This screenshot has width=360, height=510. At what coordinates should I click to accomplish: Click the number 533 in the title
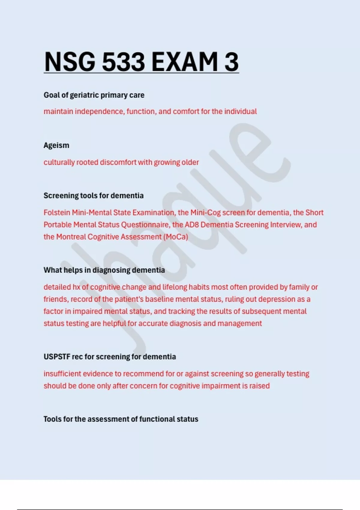[x=123, y=62]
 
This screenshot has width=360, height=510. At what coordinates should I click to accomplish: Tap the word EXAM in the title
[x=184, y=62]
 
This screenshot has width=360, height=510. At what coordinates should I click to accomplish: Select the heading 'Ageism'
[x=56, y=145]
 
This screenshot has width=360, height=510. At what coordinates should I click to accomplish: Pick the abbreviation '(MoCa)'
[x=175, y=237]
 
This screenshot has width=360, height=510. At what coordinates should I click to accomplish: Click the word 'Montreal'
[x=71, y=237]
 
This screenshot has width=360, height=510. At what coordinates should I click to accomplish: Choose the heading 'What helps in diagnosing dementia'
[x=104, y=270]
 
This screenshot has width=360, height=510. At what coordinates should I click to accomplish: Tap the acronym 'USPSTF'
[x=57, y=357]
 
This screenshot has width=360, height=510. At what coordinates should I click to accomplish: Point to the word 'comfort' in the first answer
[x=186, y=112]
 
